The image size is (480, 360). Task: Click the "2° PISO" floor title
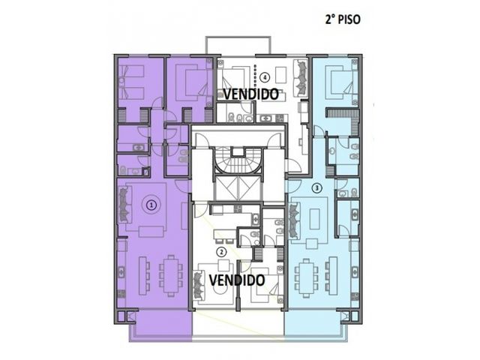coord(343,19)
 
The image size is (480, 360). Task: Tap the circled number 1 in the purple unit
coord(151,205)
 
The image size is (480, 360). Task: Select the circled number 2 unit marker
coord(221,252)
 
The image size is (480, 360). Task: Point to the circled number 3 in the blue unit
coord(317,187)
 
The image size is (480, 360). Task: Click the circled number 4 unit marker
coord(265,77)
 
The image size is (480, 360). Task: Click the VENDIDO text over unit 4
coord(250,94)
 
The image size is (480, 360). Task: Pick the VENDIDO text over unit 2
coord(237,280)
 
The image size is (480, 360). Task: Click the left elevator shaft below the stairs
coord(226,189)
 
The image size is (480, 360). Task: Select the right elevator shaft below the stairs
coord(250,189)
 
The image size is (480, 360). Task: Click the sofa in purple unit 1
coord(125,205)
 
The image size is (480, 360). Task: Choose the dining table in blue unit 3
coord(306,278)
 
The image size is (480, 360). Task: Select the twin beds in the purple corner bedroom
coord(132,82)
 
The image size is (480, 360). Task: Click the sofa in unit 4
coord(301,78)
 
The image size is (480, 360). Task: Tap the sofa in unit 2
coord(199,285)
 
